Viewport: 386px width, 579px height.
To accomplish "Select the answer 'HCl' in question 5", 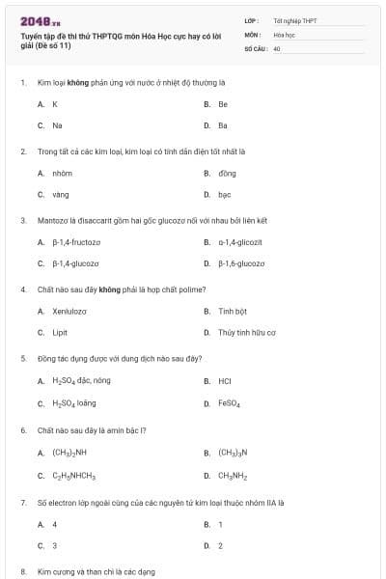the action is click(x=224, y=380).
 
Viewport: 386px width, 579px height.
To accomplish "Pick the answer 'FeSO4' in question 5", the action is click(x=229, y=402).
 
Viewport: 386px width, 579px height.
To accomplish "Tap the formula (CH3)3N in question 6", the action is click(x=233, y=452).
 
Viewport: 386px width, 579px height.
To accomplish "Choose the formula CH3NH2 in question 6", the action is click(x=233, y=475).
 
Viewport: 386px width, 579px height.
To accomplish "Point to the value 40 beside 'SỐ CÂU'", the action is click(x=277, y=46).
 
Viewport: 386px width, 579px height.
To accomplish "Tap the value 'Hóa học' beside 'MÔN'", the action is click(x=284, y=33).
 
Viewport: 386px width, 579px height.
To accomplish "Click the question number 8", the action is click(x=22, y=571).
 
